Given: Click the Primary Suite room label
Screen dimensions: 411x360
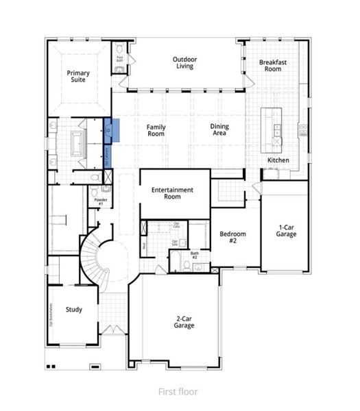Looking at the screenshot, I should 78,76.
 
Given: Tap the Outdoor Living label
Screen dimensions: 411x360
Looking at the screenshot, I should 184,63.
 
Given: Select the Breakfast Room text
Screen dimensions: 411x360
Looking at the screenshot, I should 272,66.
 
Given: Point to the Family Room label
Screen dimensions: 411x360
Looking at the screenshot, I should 156,130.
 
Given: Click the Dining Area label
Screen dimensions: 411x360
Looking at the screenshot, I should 219,130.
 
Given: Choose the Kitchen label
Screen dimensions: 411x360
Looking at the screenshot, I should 278,160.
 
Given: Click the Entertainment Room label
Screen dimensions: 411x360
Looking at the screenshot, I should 172,193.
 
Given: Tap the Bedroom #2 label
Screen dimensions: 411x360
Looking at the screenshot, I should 232,237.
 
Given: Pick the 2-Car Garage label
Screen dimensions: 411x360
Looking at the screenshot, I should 183,321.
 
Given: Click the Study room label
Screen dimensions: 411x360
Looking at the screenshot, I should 74,310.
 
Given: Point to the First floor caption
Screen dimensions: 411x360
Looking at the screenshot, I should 177,391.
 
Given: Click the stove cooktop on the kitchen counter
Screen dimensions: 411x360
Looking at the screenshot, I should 302,127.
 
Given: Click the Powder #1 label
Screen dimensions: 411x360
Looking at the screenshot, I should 99,202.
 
